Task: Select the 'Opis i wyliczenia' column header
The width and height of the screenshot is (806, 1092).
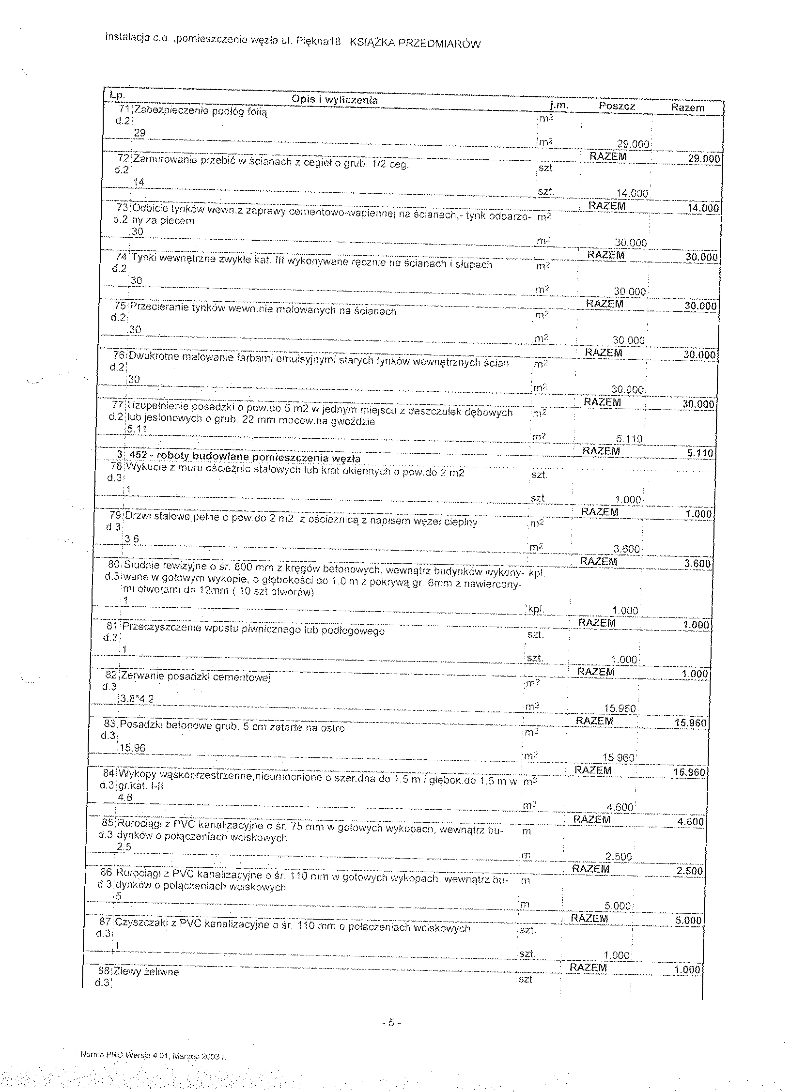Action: (334, 100)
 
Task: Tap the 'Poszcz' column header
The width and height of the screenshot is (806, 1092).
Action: (617, 107)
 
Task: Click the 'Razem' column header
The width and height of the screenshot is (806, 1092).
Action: (687, 108)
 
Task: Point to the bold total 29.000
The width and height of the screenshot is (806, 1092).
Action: (703, 159)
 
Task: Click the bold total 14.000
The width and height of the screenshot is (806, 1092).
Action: (702, 208)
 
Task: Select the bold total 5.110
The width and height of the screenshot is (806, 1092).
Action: (699, 453)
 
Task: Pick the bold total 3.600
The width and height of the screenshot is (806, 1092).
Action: (697, 564)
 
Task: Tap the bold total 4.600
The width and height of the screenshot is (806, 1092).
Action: (690, 822)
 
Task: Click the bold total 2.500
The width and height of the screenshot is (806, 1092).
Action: (689, 871)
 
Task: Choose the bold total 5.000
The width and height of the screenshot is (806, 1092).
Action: (688, 920)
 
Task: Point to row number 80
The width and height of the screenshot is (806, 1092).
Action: (114, 565)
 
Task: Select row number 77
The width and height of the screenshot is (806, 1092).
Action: (117, 405)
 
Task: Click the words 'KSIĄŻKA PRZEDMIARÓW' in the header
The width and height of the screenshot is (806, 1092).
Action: (415, 43)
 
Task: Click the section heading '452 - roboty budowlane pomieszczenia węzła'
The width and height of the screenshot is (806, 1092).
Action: (245, 458)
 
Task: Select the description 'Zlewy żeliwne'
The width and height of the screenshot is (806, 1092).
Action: (146, 972)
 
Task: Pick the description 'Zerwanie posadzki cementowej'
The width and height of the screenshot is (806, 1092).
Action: (195, 677)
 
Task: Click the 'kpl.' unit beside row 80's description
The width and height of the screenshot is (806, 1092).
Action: (536, 573)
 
